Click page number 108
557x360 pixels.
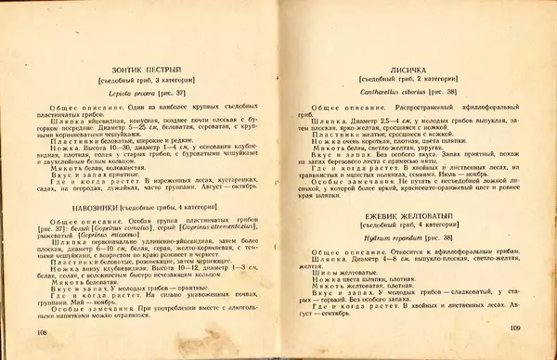tap(42, 331)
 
